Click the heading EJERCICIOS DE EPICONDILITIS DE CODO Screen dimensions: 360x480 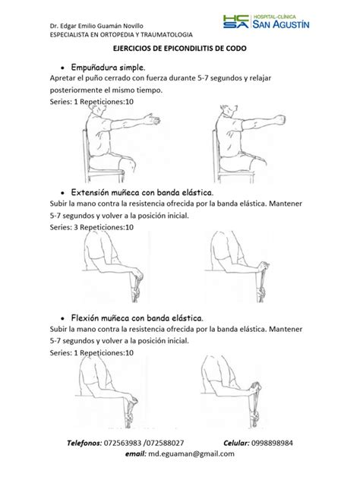pyautogui.click(x=179, y=48)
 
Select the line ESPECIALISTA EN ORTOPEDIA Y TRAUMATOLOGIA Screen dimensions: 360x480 pyautogui.click(x=110, y=34)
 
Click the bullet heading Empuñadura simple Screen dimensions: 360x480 pyautogui.click(x=107, y=66)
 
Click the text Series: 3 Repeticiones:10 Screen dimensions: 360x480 pyautogui.click(x=91, y=226)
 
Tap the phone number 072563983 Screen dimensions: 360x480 pyautogui.click(x=126, y=441)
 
